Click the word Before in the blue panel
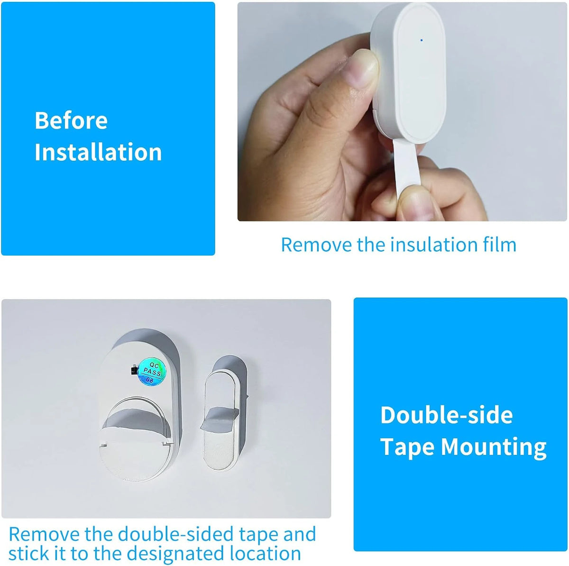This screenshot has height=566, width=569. click(71, 120)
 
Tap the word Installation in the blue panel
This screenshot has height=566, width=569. click(98, 152)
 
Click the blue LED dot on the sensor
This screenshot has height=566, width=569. click(422, 40)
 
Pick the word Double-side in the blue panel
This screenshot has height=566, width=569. click(447, 414)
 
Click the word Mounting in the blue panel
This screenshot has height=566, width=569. click(494, 447)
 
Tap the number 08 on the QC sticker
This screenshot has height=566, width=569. click(150, 380)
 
